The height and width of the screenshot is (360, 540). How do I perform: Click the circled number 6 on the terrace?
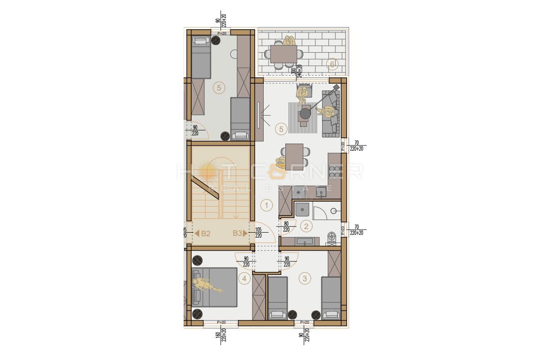pos(332,64)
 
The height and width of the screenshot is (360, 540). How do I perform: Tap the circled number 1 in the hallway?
pos(266,206)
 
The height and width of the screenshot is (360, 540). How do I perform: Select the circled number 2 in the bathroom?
pos(306,227)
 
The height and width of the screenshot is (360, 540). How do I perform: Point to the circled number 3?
pos(305,279)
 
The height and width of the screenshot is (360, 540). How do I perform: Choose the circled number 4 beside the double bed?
pos(244,279)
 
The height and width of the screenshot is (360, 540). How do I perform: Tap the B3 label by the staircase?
pos(238,234)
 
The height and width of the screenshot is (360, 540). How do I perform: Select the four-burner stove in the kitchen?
pos(334,172)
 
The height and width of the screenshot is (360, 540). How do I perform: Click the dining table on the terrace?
pos(283,54)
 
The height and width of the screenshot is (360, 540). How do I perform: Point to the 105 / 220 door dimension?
pos(259,232)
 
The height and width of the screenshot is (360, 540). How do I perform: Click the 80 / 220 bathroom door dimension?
pos(286,226)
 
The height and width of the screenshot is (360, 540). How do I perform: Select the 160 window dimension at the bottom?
pos(217,336)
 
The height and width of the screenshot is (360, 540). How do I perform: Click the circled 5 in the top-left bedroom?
pos(219,88)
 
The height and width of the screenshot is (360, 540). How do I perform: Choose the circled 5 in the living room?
pos(281,130)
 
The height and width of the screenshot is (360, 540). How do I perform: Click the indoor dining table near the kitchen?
pos(294,156)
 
